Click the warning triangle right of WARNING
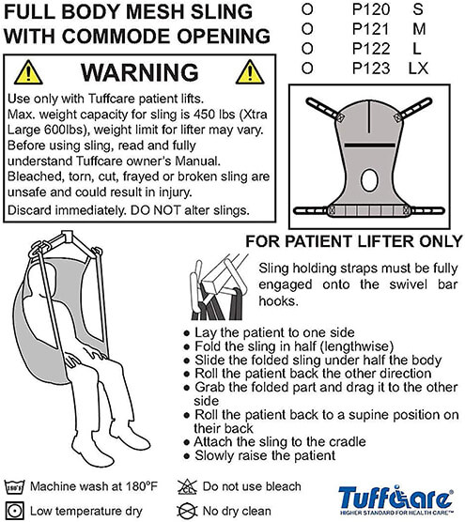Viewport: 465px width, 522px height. click(251, 72)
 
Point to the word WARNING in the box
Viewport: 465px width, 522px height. click(141, 72)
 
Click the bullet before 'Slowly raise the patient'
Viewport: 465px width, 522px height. click(185, 455)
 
